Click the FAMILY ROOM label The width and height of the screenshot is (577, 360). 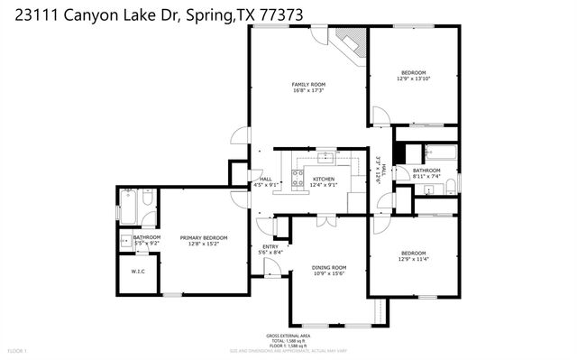(307, 84)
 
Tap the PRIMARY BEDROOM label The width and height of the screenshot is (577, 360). (202, 237)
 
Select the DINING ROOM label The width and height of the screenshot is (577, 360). (328, 267)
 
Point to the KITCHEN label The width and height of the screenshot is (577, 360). (324, 179)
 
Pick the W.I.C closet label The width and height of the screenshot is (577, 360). (138, 272)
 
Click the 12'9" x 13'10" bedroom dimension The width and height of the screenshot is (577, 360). (413, 78)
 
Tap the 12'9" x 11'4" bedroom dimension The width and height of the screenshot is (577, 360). (413, 258)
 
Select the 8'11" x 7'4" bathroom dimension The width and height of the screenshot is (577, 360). (426, 176)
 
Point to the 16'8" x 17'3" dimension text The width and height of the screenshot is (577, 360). (307, 90)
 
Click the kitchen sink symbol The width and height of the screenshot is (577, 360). (325, 156)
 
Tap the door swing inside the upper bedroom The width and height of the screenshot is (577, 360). (381, 116)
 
